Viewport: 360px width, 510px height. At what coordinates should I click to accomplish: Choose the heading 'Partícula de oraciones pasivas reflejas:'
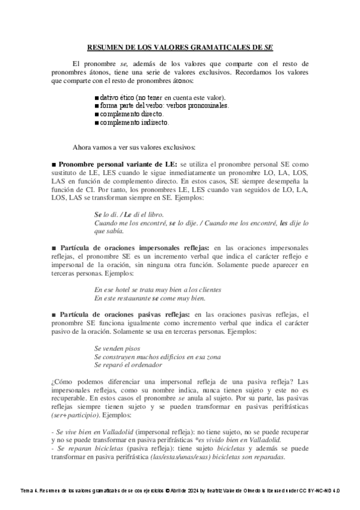(120, 314)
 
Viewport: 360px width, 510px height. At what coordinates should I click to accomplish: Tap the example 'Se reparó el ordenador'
(128, 364)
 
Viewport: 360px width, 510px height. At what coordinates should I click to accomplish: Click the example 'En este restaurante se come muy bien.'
(150, 298)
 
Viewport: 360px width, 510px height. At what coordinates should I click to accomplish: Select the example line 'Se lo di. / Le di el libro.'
(129, 214)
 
